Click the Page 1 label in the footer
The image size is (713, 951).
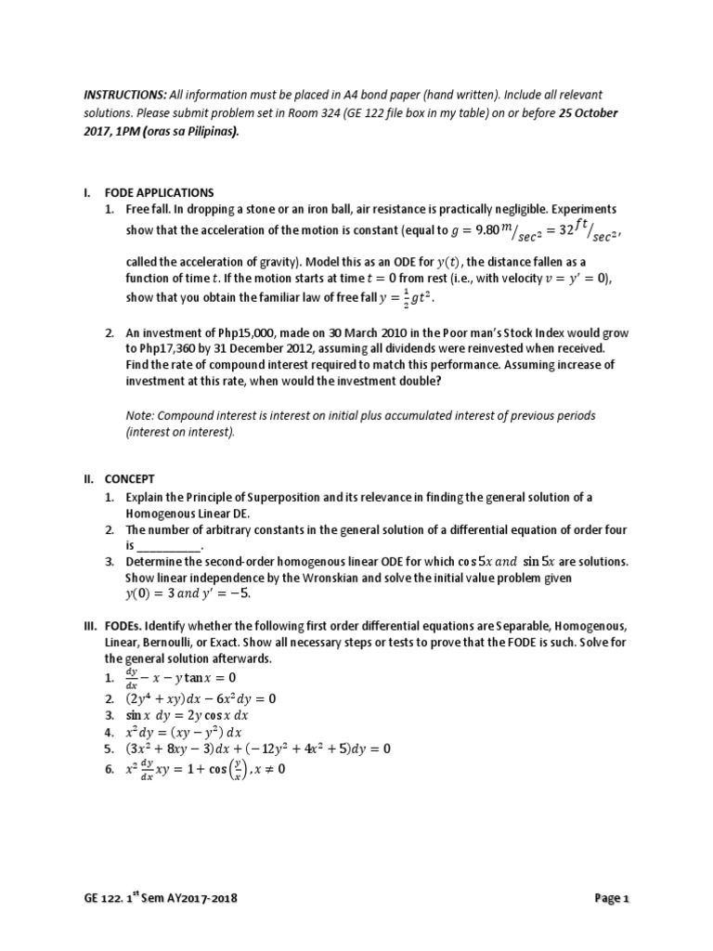612,898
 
